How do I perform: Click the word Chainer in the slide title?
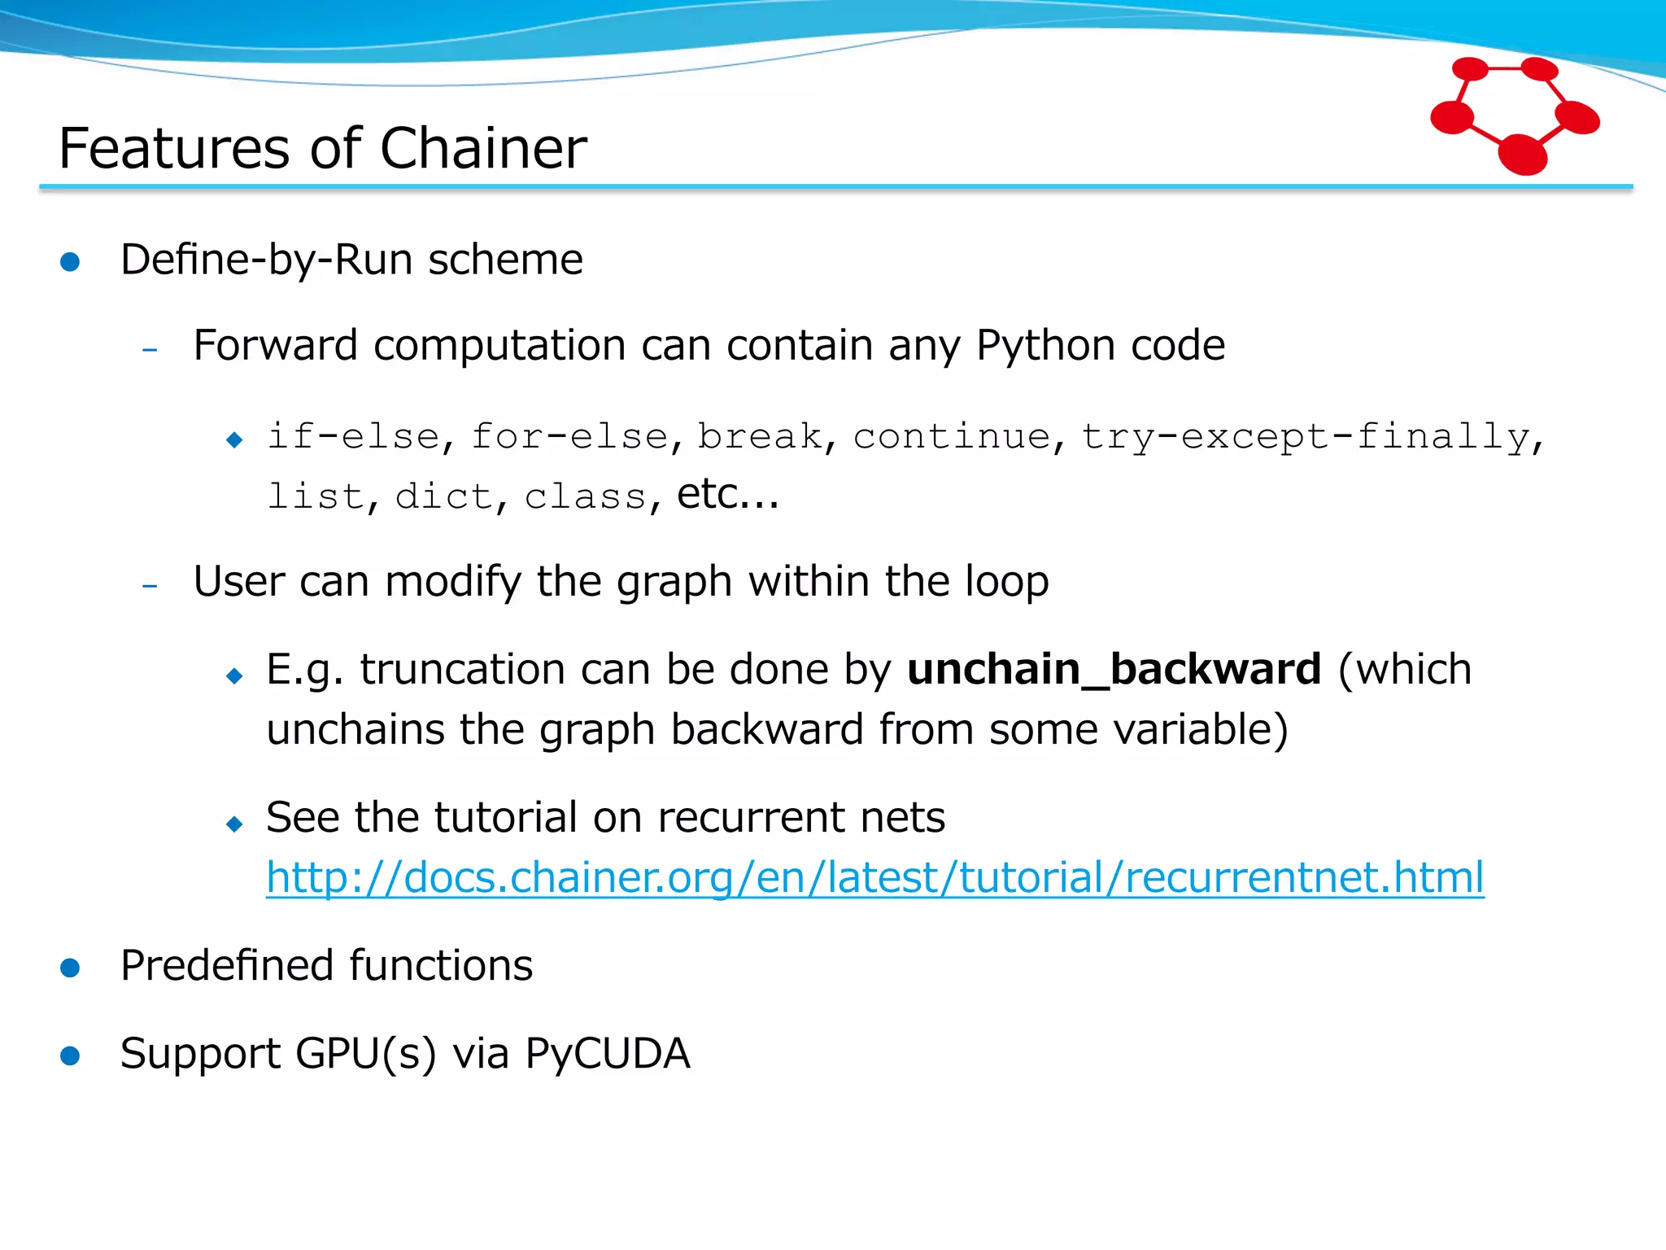[x=483, y=149]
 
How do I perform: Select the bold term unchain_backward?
[x=1114, y=670]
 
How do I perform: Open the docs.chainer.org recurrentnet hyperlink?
[x=874, y=878]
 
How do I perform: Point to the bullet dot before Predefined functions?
[x=71, y=968]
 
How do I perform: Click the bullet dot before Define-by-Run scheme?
[x=71, y=262]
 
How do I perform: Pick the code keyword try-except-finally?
[x=1306, y=436]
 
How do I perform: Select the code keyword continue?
[x=952, y=436]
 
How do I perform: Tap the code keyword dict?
[x=444, y=496]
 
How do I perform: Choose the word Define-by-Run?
[x=267, y=260]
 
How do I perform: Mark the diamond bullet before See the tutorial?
[x=235, y=824]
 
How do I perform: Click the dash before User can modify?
[x=150, y=586]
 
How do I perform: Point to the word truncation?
[x=463, y=670]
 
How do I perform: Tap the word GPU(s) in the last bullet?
[x=365, y=1054]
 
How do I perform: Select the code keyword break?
[x=760, y=436]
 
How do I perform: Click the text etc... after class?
[x=727, y=494]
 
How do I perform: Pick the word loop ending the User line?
[x=1006, y=583]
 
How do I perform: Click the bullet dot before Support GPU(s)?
[x=71, y=1056]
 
